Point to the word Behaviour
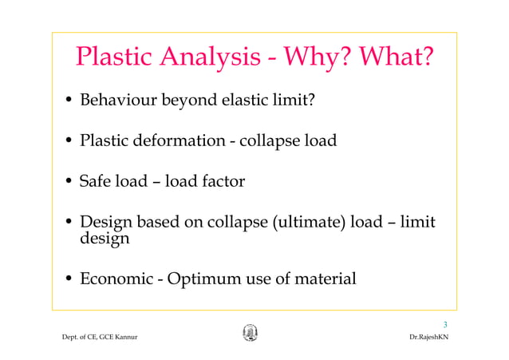tap(118, 101)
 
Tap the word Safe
tap(96, 181)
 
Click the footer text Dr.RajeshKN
tap(428, 338)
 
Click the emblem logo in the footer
tap(250, 332)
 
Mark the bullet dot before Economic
tap(69, 280)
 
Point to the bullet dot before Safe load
tap(69, 182)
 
